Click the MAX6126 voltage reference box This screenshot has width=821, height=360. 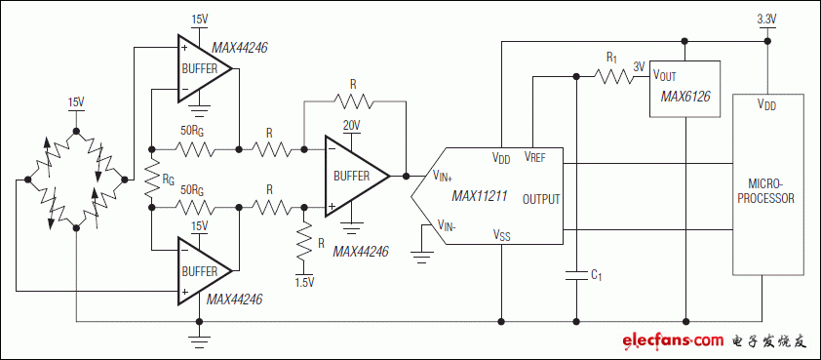684,88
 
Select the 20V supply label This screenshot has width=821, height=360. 352,125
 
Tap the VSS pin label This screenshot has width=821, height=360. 501,234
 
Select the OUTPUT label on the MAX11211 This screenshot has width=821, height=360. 541,199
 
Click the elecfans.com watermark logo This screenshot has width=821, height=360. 673,340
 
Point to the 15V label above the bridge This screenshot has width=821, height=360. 76,101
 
